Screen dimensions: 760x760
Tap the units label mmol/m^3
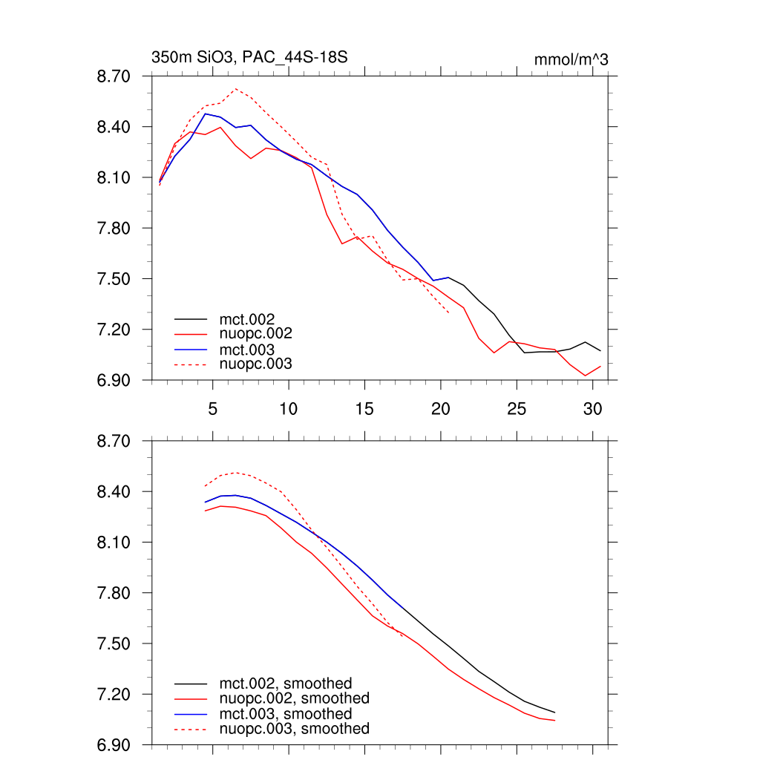tap(571, 59)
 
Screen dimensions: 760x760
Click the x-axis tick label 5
tap(213, 409)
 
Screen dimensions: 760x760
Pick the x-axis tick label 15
tap(364, 409)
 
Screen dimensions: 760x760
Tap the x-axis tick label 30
tap(592, 409)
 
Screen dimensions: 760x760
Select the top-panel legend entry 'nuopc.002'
tap(256, 334)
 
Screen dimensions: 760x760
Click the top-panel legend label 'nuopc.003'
tap(256, 364)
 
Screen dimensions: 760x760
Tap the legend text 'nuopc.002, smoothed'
tap(295, 698)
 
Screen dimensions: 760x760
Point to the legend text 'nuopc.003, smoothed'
tap(295, 729)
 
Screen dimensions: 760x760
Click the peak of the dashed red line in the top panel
tap(235, 89)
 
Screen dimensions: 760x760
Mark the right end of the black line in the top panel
tap(600, 350)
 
